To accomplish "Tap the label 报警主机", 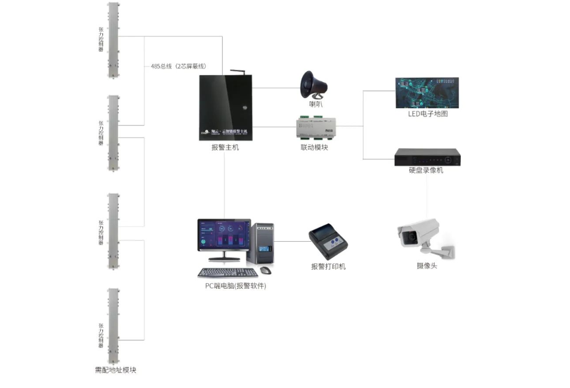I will click(225, 147).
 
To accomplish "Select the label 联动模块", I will click(314, 147).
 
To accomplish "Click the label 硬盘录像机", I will click(426, 170).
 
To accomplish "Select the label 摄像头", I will click(427, 265).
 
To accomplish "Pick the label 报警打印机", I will click(329, 266).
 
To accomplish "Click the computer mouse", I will click(265, 271).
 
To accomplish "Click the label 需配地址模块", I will click(116, 370).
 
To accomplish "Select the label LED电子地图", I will click(428, 114).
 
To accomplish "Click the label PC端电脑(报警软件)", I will click(235, 287).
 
